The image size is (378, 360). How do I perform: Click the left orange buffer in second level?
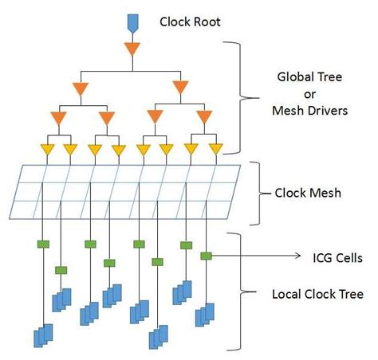coord(81,87)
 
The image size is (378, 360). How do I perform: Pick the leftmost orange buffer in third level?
coord(57,119)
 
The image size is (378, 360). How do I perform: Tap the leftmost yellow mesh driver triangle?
coord(46,148)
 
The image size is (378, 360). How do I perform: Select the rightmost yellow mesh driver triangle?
coord(215,148)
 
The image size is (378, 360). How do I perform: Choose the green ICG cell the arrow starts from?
coord(205,256)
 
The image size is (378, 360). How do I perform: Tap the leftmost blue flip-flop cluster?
coord(42,335)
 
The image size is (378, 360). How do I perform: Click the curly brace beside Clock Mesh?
coord(256,193)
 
